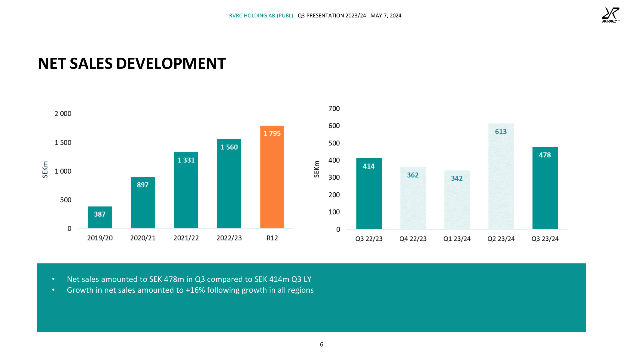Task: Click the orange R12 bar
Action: click(272, 180)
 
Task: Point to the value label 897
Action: click(143, 185)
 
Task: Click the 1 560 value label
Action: click(229, 147)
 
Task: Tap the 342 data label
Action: click(457, 178)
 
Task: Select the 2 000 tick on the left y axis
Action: click(63, 114)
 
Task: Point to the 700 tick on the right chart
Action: click(334, 108)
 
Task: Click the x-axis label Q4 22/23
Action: click(413, 239)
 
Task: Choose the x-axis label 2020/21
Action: click(143, 238)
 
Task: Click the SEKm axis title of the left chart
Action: click(45, 169)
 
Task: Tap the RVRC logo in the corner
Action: click(610, 15)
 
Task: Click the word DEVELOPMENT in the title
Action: click(171, 64)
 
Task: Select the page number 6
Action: click(322, 344)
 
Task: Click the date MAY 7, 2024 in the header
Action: click(386, 16)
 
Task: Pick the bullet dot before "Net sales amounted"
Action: click(53, 279)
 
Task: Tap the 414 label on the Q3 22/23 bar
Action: click(369, 166)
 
